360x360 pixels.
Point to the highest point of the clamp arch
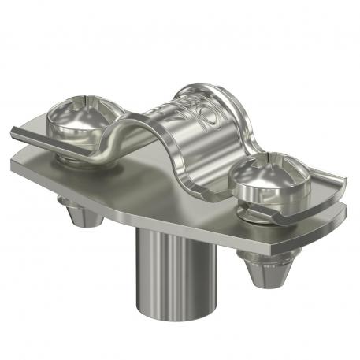coord(197,88)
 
